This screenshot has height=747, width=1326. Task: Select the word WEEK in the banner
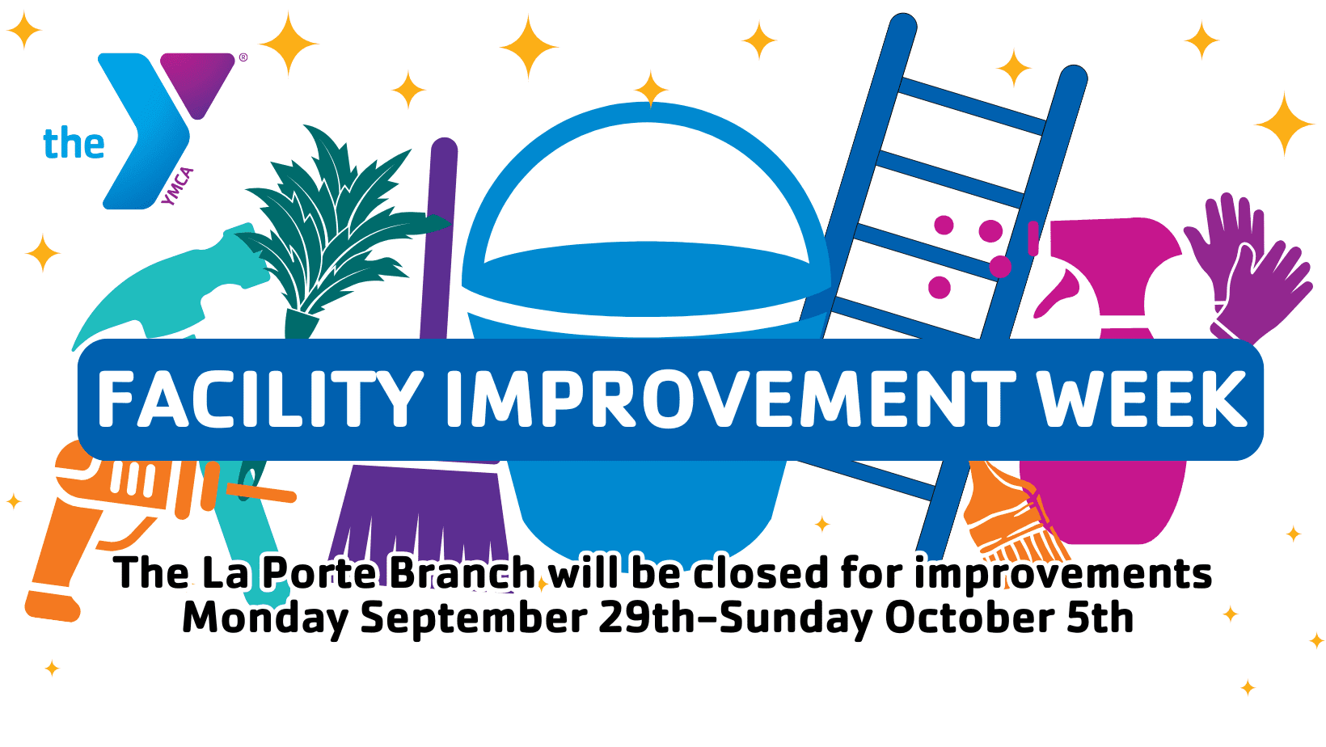coord(1142,399)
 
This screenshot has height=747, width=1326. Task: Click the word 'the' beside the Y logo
coord(74,142)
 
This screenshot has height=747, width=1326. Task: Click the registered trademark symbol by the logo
coord(243,57)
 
